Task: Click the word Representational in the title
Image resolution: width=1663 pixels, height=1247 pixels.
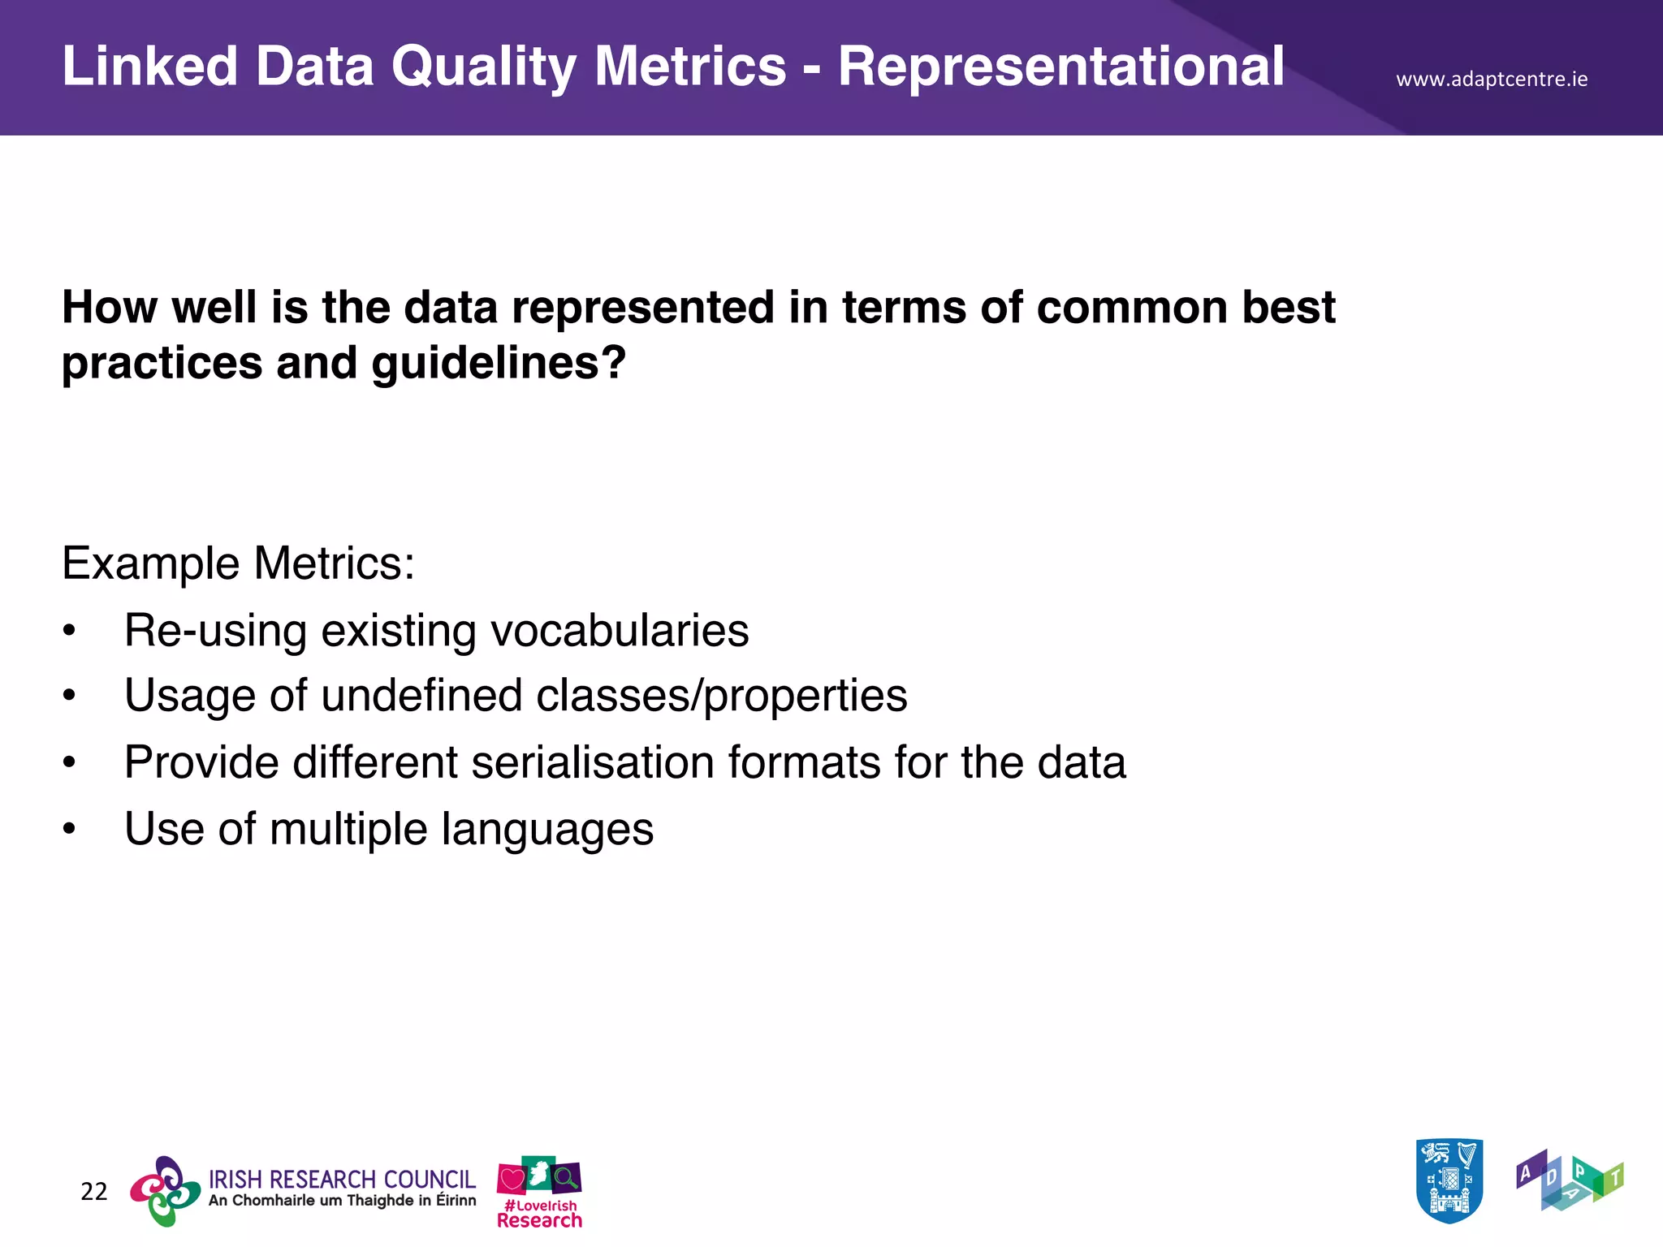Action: (x=1060, y=67)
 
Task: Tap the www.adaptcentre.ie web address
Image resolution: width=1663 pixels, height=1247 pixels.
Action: (x=1491, y=80)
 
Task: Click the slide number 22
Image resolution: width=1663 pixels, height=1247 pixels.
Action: (x=93, y=1191)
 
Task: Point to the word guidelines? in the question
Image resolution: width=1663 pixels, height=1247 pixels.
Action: (x=499, y=363)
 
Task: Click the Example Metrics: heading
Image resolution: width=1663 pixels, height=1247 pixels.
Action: (x=238, y=563)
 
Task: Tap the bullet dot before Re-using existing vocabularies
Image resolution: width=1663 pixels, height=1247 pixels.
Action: (x=70, y=631)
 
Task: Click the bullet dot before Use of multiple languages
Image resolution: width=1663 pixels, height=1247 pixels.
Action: (x=70, y=830)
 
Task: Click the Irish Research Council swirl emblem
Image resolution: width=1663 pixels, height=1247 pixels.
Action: (x=166, y=1191)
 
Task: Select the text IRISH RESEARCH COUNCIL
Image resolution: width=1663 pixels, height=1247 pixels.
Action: (x=342, y=1179)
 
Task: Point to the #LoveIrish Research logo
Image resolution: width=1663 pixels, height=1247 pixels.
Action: (x=539, y=1192)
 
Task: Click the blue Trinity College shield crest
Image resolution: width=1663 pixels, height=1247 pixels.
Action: (x=1449, y=1180)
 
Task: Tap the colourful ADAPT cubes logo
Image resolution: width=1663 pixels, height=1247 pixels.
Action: (x=1569, y=1180)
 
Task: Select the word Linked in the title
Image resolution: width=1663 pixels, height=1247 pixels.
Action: (x=149, y=67)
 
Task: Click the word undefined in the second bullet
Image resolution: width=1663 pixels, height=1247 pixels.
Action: (x=421, y=697)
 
